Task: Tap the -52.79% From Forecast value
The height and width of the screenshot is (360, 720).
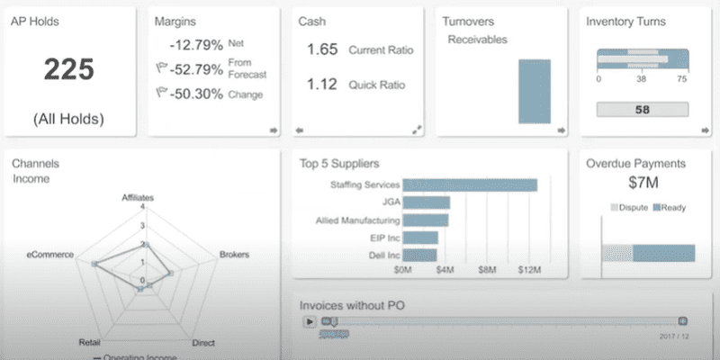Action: (197, 68)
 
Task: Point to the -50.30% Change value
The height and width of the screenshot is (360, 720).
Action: (197, 94)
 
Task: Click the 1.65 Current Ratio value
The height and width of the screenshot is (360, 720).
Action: (322, 49)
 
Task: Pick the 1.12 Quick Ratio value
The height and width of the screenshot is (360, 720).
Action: (322, 85)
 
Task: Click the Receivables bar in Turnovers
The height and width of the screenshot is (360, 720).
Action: (534, 91)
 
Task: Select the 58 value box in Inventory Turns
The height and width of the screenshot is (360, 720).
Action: (643, 110)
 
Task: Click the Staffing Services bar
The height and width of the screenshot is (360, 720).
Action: (470, 184)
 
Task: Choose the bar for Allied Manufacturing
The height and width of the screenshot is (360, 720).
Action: (426, 220)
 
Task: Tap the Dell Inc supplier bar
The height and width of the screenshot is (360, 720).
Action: (419, 256)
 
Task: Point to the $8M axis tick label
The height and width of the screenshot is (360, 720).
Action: (487, 270)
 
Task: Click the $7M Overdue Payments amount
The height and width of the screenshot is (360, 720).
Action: (643, 184)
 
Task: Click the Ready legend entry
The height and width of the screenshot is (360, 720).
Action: (670, 208)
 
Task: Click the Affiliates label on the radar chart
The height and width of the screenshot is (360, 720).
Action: (139, 196)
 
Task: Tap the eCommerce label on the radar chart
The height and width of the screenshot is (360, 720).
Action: (49, 256)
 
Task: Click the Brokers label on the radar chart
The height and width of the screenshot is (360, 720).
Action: (234, 256)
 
